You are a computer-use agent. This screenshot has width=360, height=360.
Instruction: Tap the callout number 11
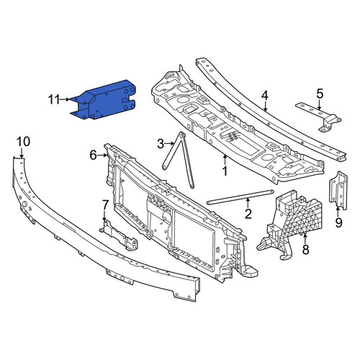pos(54,99)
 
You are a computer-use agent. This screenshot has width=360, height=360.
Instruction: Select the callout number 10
pos(24,142)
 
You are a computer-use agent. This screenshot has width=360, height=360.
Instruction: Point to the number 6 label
pos(93,155)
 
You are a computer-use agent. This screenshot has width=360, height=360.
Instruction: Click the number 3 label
pos(161,144)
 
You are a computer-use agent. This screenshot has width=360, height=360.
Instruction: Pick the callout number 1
pos(225,171)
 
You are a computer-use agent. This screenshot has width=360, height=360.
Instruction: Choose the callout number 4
pos(264,96)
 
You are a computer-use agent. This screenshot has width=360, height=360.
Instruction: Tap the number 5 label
pos(320,94)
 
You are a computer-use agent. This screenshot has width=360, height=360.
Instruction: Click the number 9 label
pos(338,223)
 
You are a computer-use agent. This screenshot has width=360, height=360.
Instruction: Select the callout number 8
pos(305,250)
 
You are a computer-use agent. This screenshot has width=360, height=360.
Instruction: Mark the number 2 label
pos(248,214)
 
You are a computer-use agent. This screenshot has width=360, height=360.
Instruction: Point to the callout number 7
pos(105,205)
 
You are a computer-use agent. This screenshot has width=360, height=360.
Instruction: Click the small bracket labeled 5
pos(318,117)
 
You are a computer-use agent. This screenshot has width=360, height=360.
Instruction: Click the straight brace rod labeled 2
pos(240,197)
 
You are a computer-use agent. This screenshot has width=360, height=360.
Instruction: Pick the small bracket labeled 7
pos(118,235)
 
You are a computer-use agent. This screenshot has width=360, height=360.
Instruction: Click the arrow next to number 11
pos(66,99)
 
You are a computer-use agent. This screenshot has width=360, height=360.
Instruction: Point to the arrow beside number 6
pos(102,156)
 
